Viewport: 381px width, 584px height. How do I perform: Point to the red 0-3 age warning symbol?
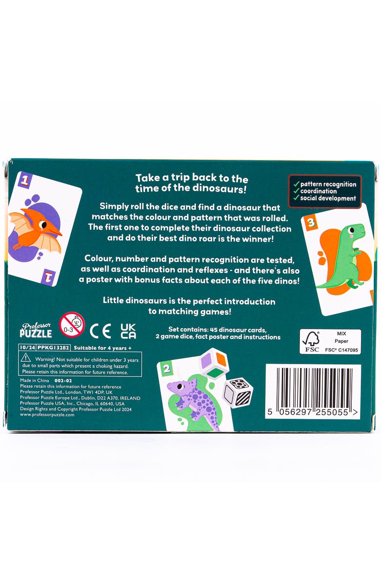pos(72,325)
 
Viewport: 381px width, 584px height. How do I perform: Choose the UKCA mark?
pos(128,331)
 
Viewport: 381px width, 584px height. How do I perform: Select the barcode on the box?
pos(313,391)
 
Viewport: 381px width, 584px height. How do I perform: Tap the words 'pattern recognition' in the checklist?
pos(328,185)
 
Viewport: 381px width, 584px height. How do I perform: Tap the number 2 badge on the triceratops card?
pos(167,369)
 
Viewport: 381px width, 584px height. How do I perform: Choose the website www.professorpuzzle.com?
pos(47,415)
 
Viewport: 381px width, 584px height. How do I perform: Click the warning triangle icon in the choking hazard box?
pos(25,358)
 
